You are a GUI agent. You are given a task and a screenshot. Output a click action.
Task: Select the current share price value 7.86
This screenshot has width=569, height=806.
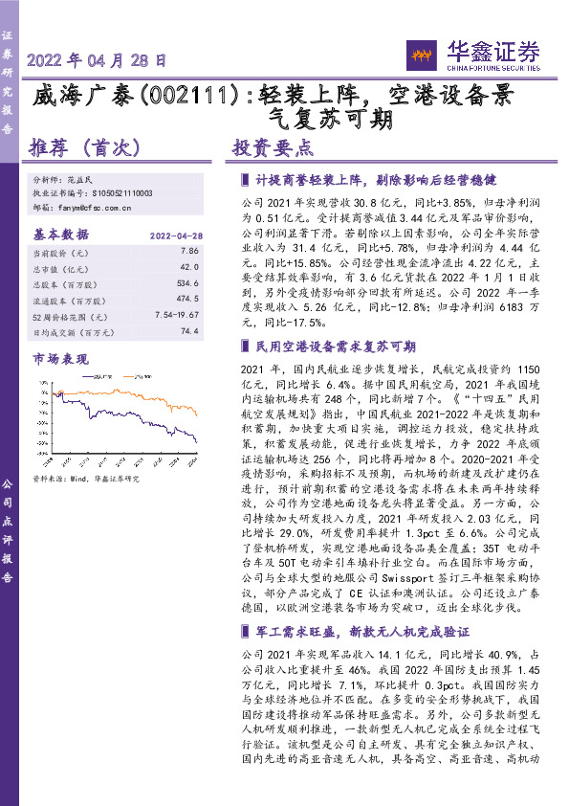click(189, 251)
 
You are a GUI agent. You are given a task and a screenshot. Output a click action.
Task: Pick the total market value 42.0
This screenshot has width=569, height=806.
click(189, 268)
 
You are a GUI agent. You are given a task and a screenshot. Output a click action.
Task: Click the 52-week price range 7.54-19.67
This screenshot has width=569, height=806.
click(176, 315)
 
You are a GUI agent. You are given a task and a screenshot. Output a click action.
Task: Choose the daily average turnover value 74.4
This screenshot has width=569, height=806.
click(189, 330)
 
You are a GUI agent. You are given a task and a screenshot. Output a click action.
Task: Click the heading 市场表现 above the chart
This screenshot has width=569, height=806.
click(60, 359)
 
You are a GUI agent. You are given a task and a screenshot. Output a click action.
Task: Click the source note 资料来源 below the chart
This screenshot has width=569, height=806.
click(86, 478)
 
